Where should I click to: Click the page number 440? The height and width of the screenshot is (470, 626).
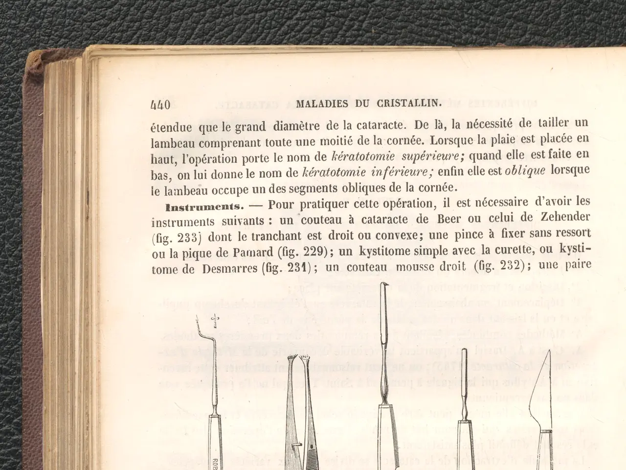tap(161, 105)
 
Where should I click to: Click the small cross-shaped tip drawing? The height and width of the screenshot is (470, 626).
tap(214, 321)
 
